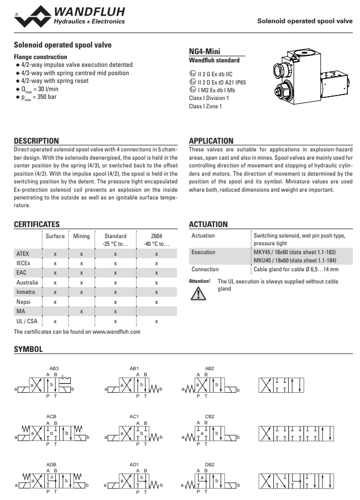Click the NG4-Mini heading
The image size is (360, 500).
(205, 51)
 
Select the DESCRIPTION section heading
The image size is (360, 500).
(36, 141)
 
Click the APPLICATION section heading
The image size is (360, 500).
(211, 141)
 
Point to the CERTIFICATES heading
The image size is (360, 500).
(36, 224)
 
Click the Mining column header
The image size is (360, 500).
(81, 236)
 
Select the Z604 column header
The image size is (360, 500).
(156, 236)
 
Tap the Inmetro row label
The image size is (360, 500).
(26, 292)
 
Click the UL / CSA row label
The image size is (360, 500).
(27, 321)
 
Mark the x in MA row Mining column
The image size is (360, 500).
(81, 312)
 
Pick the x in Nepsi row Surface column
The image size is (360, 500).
(55, 302)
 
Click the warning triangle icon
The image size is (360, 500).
(197, 293)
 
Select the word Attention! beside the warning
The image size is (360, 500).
(200, 281)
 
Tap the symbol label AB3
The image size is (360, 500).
(54, 369)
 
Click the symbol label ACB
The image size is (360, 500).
(51, 416)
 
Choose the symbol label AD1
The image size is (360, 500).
(134, 464)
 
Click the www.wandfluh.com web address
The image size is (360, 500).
(116, 331)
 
